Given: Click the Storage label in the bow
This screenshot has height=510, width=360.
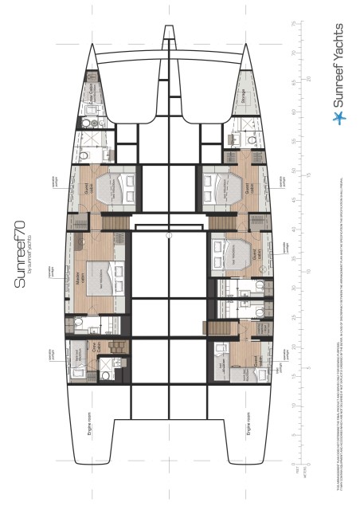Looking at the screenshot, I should [242, 96].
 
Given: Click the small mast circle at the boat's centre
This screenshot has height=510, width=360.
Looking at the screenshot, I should [168, 236].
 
